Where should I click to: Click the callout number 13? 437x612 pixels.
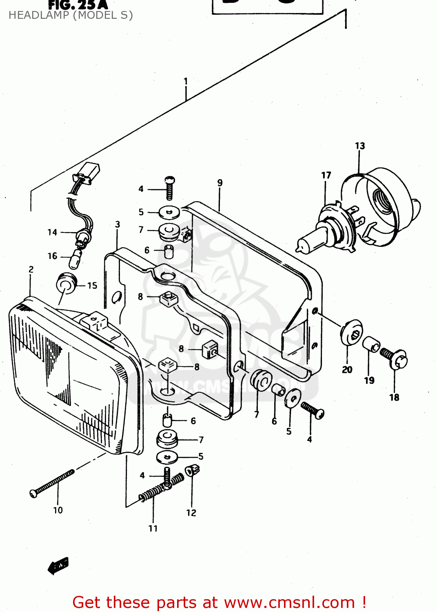tap(359, 146)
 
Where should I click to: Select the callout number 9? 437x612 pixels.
tap(220, 183)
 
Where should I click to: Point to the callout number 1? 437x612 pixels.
tap(186, 81)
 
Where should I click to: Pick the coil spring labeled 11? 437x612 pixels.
tap(161, 487)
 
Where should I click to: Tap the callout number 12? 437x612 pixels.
tap(191, 513)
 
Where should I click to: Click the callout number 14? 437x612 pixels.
tap(52, 232)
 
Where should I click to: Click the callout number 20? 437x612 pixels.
tap(347, 370)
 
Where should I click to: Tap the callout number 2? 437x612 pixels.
tap(31, 269)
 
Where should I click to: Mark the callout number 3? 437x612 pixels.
tap(118, 224)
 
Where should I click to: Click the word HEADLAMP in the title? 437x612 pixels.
tap(39, 16)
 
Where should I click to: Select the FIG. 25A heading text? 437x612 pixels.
tap(78, 5)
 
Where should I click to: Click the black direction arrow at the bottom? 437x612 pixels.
tap(58, 565)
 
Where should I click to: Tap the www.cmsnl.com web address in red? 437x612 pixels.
tap(289, 602)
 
